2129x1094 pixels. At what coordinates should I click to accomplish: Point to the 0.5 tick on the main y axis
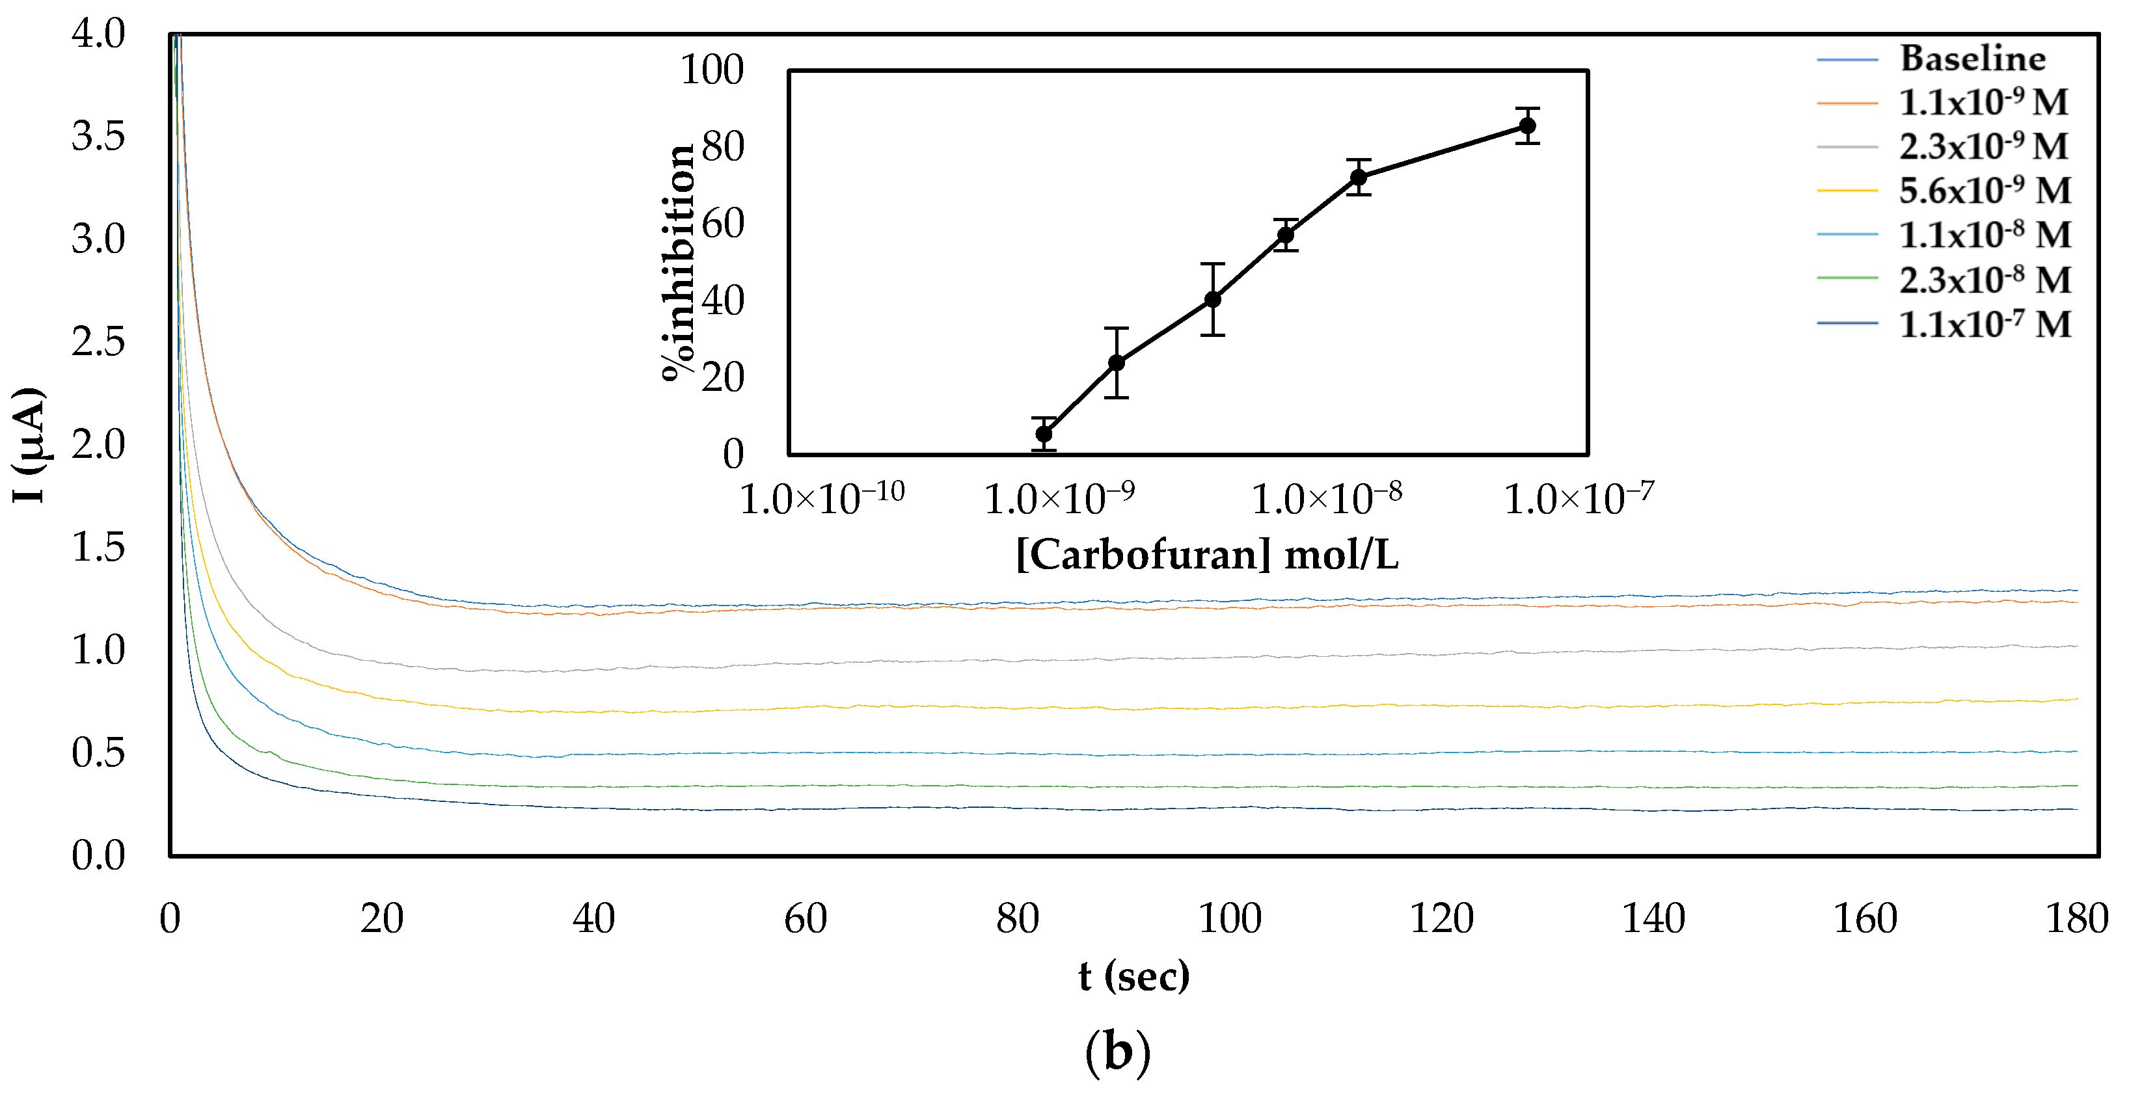(x=98, y=753)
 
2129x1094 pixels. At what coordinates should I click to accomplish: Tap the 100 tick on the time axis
(x=1229, y=919)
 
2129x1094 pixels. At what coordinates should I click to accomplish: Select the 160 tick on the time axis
(x=1865, y=919)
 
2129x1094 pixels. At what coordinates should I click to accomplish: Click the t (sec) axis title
(x=1133, y=976)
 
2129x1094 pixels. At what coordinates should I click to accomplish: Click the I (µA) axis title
(x=29, y=444)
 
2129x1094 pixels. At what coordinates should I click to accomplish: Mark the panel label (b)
(x=1117, y=1052)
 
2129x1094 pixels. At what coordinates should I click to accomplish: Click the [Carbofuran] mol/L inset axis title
(x=1206, y=554)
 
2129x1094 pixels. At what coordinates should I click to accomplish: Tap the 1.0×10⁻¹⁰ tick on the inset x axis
(x=822, y=498)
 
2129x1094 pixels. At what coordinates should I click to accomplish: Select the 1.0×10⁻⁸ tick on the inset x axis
(x=1327, y=498)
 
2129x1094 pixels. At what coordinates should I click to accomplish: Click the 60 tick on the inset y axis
(x=722, y=224)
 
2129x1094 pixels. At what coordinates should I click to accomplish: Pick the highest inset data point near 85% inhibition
(x=1527, y=126)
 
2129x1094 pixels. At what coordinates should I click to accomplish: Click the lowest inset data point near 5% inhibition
(x=1044, y=434)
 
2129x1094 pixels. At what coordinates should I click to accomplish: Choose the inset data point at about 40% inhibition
(x=1212, y=299)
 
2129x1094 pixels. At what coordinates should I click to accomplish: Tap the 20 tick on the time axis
(x=382, y=919)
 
